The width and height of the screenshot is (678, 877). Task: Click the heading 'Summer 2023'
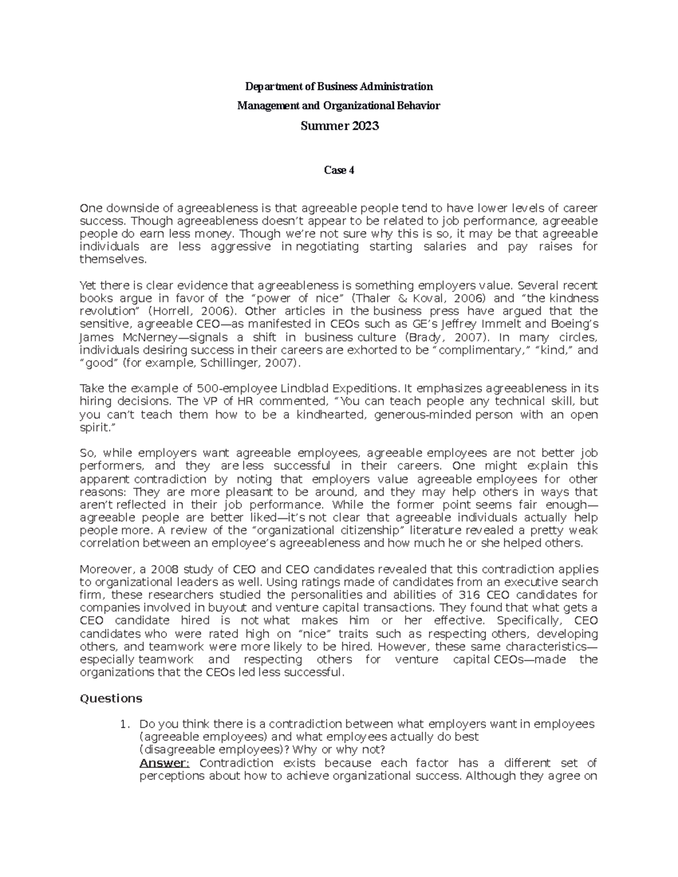[339, 126]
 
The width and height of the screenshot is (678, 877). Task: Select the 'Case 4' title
[338, 171]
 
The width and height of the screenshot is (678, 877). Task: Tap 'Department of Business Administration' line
[338, 86]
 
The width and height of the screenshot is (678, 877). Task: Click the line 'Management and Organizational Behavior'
[338, 106]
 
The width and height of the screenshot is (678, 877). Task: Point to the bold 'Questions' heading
[111, 699]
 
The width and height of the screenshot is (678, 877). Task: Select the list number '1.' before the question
[126, 725]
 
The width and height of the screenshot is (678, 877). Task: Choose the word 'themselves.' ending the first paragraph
[113, 260]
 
